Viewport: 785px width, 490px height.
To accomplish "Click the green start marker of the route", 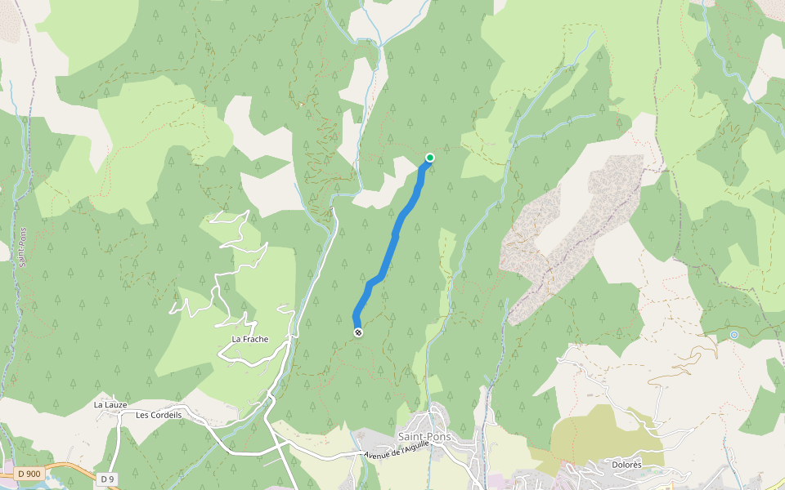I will tap(430, 158).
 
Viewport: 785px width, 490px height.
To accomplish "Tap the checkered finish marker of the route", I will tap(358, 332).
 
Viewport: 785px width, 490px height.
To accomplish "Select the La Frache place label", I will tap(250, 339).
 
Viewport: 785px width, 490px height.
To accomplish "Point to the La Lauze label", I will tap(110, 404).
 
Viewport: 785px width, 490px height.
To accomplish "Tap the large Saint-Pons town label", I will tap(424, 437).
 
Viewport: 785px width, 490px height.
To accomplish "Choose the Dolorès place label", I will tap(626, 465).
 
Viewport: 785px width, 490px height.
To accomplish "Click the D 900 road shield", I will tap(29, 474).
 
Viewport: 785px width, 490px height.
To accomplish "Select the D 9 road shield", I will tap(106, 478).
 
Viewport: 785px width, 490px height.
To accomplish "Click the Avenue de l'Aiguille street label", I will tap(397, 453).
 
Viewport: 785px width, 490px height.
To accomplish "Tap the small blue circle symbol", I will tap(734, 335).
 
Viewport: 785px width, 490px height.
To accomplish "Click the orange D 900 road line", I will tap(74, 467).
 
